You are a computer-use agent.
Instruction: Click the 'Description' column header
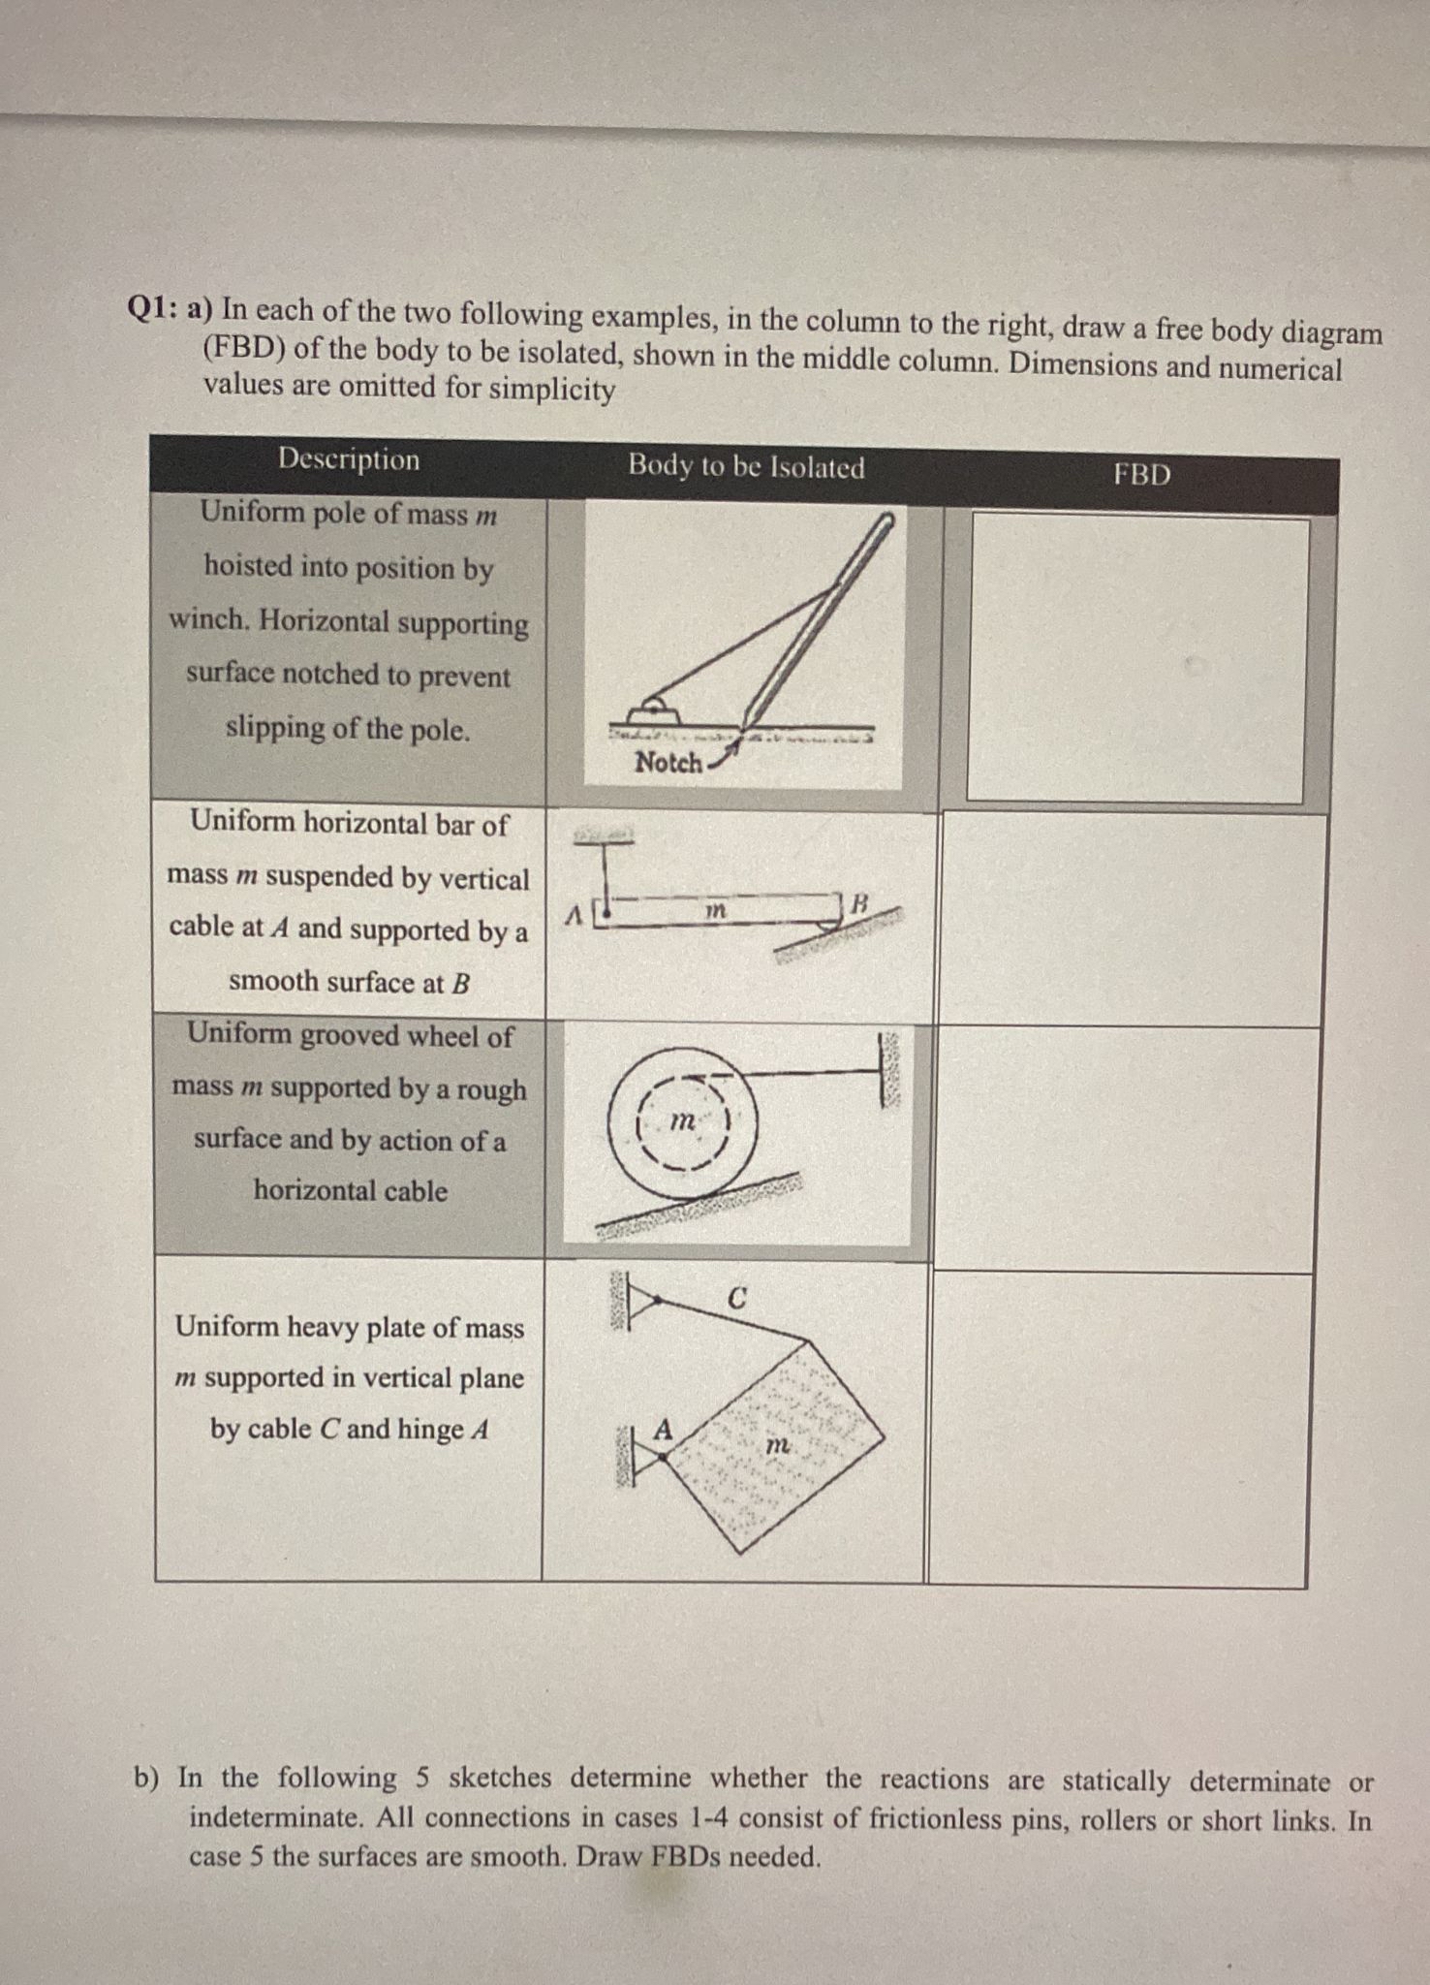click(x=349, y=458)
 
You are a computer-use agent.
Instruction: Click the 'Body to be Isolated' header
click(x=746, y=467)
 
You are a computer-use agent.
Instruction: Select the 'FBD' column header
click(x=1141, y=474)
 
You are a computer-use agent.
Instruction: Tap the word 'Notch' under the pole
click(x=668, y=763)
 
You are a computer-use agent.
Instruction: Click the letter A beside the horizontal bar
click(x=574, y=914)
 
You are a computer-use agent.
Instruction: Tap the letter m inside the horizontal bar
click(x=714, y=911)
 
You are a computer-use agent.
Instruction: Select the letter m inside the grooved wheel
click(x=682, y=1121)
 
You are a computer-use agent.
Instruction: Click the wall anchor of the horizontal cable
click(x=888, y=1070)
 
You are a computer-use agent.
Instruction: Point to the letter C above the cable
click(x=736, y=1299)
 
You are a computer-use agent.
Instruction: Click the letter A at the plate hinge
click(x=662, y=1429)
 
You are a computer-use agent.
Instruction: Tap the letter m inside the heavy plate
click(x=777, y=1444)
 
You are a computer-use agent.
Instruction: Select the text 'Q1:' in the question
click(x=152, y=307)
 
